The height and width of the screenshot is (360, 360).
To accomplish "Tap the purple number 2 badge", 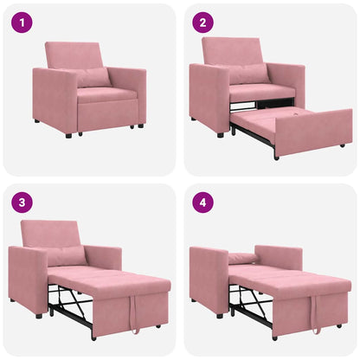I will (203, 22).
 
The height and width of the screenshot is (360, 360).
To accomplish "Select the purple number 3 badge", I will (22, 203).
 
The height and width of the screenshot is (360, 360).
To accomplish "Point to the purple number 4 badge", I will (203, 203).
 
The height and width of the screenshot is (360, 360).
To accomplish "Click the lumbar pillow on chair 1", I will (93, 78).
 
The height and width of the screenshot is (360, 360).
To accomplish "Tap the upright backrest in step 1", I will (74, 55).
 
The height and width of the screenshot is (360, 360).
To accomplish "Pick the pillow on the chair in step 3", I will (66, 256).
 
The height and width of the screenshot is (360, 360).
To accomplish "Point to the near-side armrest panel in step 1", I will (55, 101).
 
